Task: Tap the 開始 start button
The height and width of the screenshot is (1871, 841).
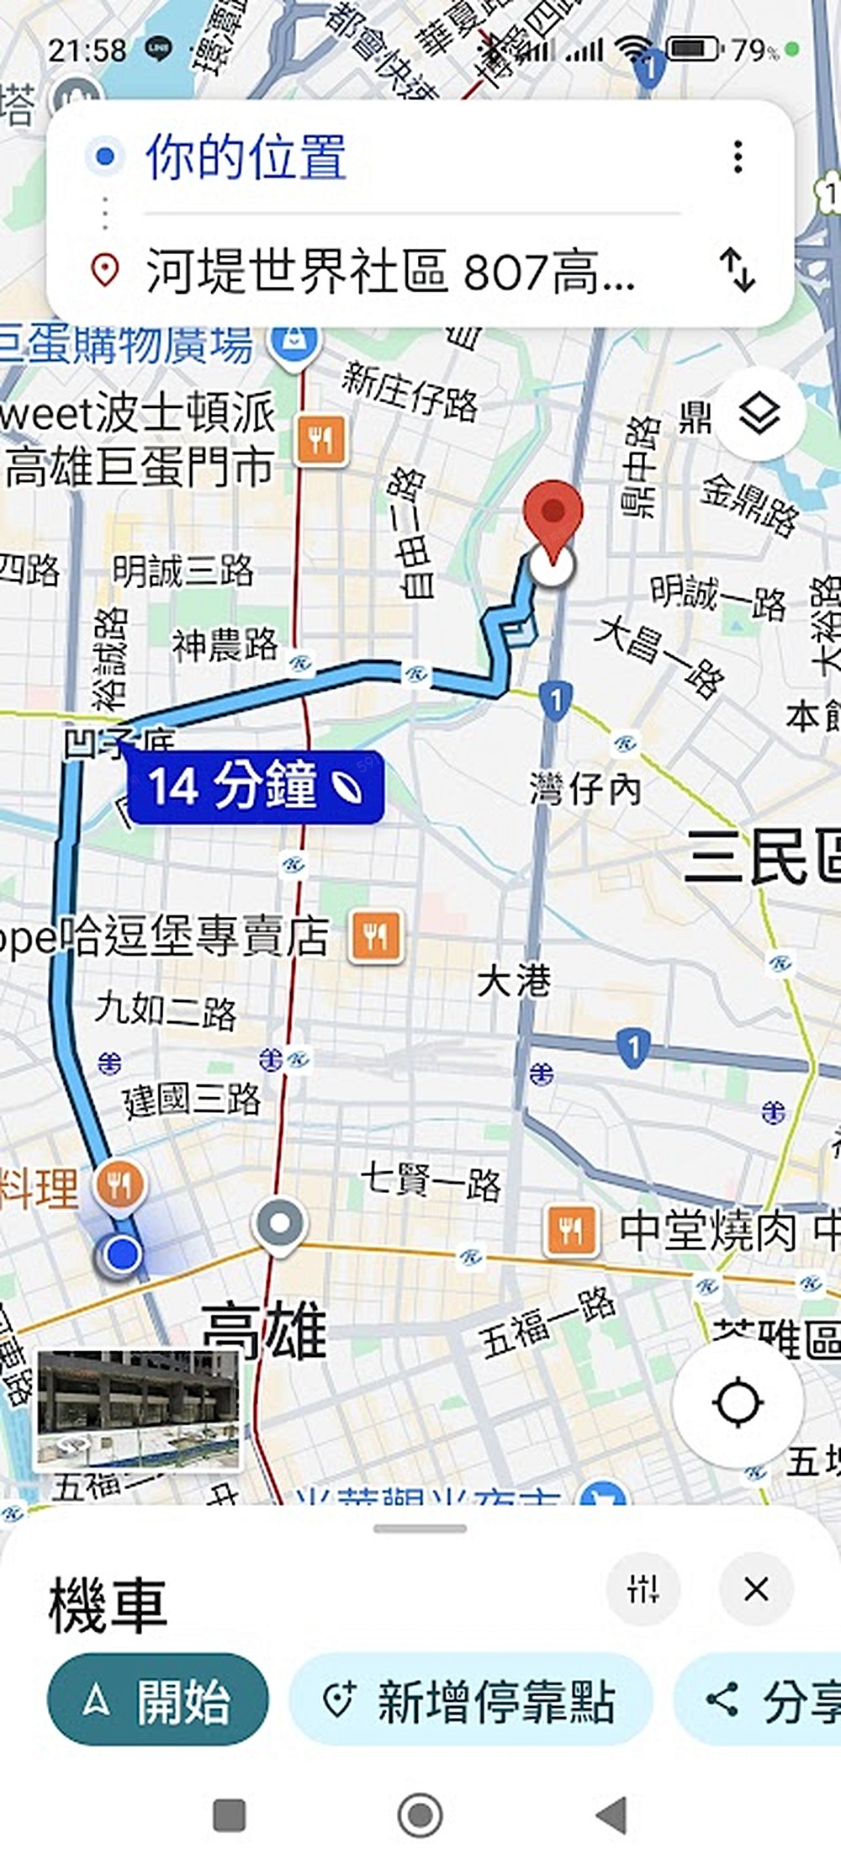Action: click(157, 1700)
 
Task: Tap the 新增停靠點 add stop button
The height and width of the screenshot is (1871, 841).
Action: click(471, 1700)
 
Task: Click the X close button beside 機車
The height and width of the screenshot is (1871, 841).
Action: click(755, 1589)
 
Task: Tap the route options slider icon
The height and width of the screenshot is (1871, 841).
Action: click(643, 1589)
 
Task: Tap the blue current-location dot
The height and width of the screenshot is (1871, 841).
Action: click(124, 1254)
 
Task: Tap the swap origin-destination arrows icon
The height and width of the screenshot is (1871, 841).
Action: click(738, 270)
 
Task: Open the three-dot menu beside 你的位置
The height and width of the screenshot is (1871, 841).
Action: click(738, 156)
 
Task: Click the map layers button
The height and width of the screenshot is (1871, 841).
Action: click(759, 414)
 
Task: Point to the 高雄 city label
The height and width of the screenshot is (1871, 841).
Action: click(265, 1330)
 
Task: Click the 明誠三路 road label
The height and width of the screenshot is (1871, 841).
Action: click(183, 571)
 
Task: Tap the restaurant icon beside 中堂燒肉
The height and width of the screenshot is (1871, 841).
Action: click(571, 1231)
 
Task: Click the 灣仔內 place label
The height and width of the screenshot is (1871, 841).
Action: click(585, 788)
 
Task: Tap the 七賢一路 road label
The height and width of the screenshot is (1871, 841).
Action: click(431, 1180)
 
